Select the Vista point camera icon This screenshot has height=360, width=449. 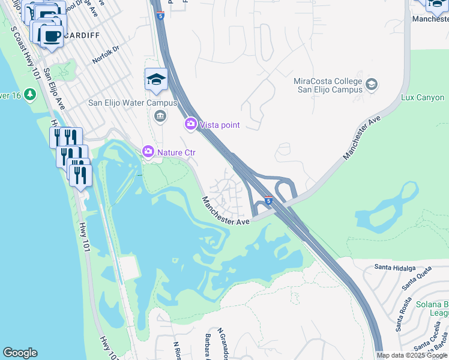point(191,124)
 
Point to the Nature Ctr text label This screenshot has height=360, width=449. point(176,152)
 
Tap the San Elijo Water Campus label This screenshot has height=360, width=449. point(133,103)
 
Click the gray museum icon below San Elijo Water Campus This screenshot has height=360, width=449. point(160,116)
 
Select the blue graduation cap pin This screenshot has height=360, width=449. point(156,80)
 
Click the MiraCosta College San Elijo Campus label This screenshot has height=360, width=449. point(328,85)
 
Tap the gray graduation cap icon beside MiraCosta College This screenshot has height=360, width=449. point(372,85)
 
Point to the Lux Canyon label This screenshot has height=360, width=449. point(423,97)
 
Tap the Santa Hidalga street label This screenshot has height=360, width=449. point(395,267)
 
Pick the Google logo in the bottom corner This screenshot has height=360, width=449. point(20,353)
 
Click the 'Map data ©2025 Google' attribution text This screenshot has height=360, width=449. point(412,355)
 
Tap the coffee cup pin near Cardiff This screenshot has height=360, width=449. point(52,36)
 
